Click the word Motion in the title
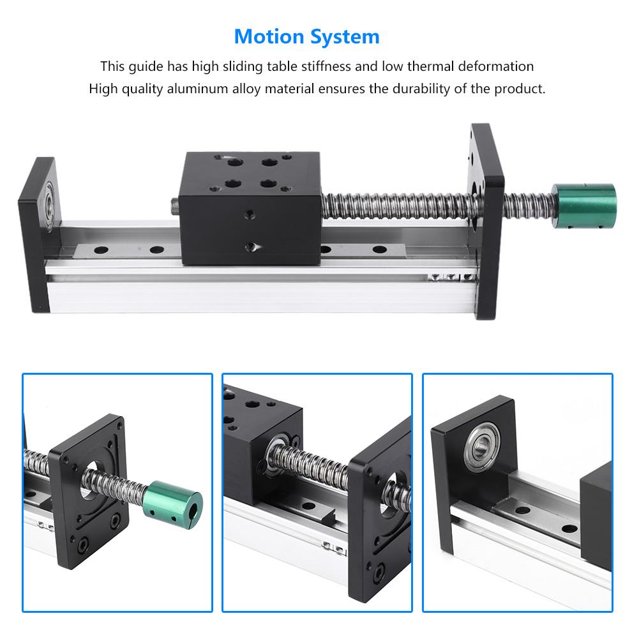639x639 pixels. (x=269, y=36)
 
